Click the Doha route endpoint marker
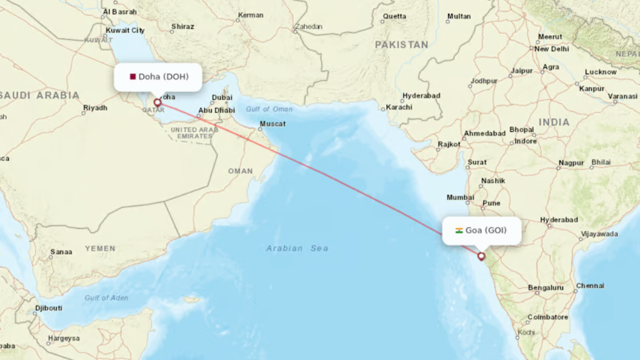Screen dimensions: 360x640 [x=157, y=102]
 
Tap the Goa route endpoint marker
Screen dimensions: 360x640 [x=481, y=256]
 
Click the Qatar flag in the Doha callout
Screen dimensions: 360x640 [x=132, y=77]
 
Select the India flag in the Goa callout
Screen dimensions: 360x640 [x=459, y=231]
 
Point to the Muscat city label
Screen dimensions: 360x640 [x=272, y=124]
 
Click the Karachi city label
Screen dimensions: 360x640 [x=399, y=107]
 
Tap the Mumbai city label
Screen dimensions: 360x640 [x=460, y=197]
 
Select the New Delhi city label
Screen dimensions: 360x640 [x=551, y=49]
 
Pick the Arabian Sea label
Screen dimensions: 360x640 [x=297, y=248]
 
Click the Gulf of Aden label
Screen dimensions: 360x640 [x=106, y=297]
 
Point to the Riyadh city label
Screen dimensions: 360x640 [x=95, y=108]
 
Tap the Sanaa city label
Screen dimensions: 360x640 [x=61, y=252]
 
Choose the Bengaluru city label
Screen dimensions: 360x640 [x=546, y=288]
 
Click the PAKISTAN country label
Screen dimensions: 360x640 [x=401, y=45]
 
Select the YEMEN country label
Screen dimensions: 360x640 [x=100, y=248]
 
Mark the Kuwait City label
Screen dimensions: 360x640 [x=125, y=30]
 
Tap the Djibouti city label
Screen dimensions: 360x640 [x=48, y=308]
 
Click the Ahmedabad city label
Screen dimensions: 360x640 [x=484, y=134]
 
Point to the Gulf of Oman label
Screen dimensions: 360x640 [x=269, y=109]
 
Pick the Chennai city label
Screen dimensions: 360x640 [x=590, y=286]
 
